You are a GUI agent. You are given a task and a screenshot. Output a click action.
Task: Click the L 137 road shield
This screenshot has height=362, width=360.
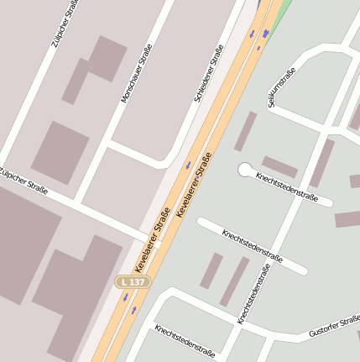pyautogui.click(x=133, y=282)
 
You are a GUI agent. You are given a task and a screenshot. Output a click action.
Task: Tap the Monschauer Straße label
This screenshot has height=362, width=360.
pyautogui.click(x=138, y=73)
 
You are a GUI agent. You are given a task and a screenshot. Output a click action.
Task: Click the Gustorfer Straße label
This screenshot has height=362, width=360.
pyautogui.click(x=334, y=327)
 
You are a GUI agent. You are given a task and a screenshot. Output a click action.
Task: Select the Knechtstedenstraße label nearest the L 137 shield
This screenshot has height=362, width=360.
pyautogui.click(x=185, y=339)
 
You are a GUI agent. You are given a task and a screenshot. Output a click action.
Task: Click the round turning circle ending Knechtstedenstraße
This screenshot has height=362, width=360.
pyautogui.click(x=244, y=170)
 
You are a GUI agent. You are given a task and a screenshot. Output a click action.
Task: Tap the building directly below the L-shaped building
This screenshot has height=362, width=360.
pyautogui.click(x=60, y=152)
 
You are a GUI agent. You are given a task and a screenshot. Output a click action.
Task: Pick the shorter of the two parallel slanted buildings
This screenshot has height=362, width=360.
pyautogui.click(x=211, y=270)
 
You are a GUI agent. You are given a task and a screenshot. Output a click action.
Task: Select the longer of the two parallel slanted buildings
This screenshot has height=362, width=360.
pyautogui.click(x=235, y=281)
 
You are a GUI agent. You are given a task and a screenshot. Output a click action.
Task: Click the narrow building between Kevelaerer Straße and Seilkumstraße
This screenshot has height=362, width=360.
pyautogui.click(x=245, y=131)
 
